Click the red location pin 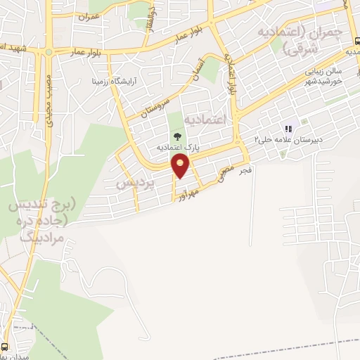click(181, 165)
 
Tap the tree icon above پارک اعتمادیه click(176, 136)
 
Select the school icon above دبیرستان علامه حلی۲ click(287, 129)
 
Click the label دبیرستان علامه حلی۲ click(283, 140)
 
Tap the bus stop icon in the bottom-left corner click(6, 347)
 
